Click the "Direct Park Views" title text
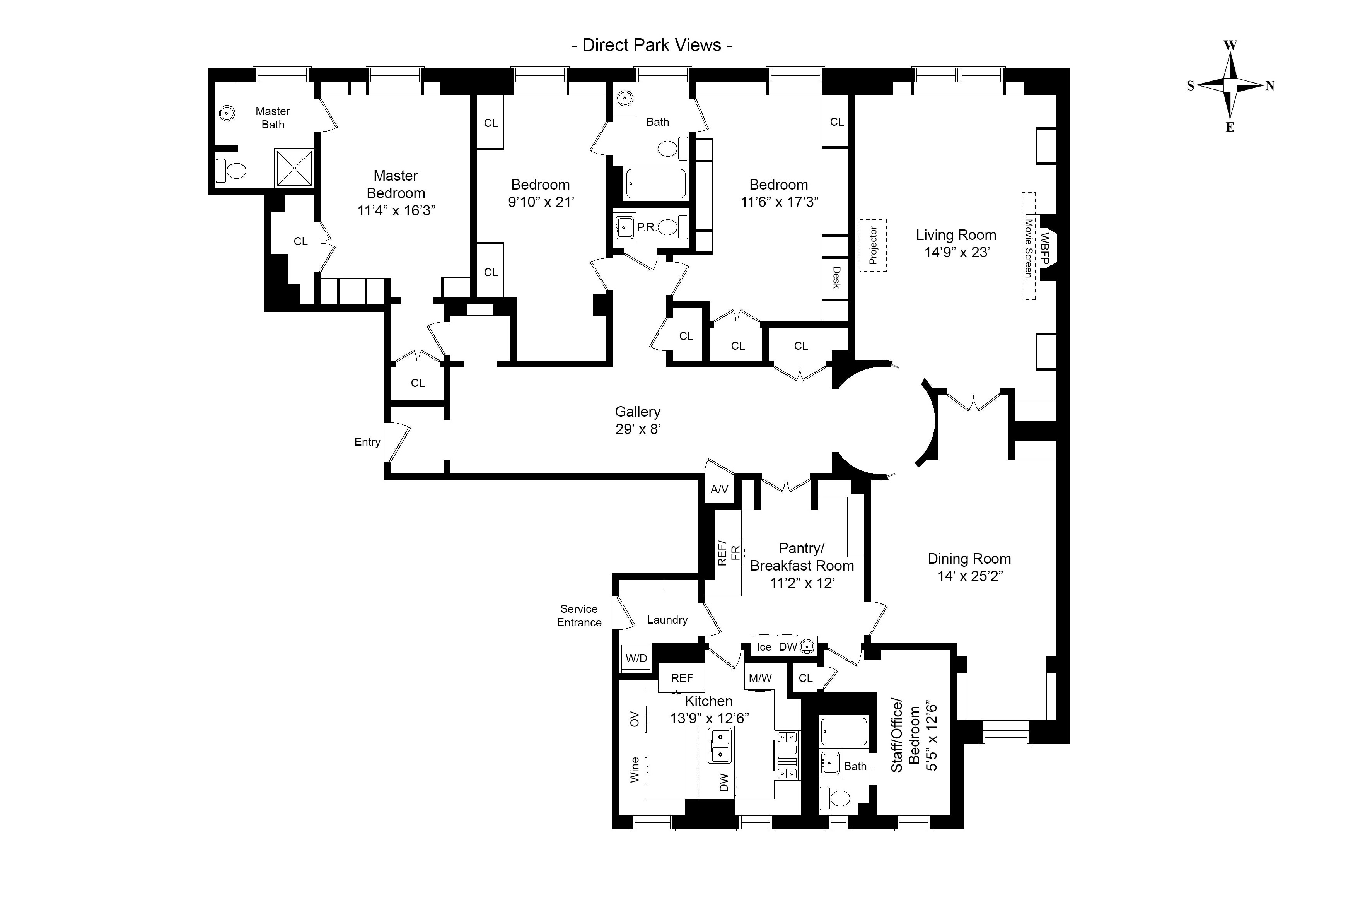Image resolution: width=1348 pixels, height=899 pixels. (652, 45)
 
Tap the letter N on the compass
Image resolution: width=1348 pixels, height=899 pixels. (1270, 86)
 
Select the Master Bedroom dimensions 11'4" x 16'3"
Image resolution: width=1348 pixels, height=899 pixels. (396, 210)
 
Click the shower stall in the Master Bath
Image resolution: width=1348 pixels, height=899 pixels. (294, 167)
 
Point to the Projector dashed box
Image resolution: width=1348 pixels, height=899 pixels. (872, 245)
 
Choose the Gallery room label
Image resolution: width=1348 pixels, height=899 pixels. (637, 412)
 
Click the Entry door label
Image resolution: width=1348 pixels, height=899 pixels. (367, 441)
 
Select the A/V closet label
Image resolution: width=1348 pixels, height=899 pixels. (719, 489)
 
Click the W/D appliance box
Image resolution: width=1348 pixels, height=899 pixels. (636, 658)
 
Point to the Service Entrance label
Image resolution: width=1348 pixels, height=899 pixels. (579, 616)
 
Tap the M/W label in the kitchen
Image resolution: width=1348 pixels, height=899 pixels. (760, 678)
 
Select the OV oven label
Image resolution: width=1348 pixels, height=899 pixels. (635, 719)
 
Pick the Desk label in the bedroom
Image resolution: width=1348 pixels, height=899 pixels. (836, 277)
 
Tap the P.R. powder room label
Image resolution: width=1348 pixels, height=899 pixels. (647, 227)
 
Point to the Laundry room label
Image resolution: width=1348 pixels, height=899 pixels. (667, 620)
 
